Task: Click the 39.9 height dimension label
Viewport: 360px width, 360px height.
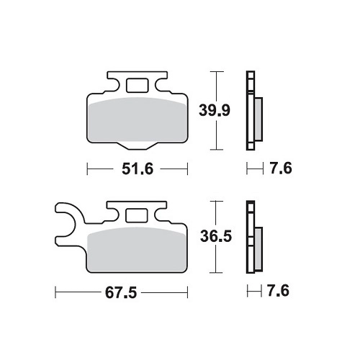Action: point(215,110)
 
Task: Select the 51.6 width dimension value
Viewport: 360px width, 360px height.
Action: point(138,168)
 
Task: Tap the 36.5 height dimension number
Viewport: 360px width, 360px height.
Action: point(216,236)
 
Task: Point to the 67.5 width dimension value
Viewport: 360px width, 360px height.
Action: point(121,292)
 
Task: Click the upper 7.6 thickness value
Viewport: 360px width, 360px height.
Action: point(281,168)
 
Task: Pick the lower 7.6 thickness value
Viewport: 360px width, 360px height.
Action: point(278,291)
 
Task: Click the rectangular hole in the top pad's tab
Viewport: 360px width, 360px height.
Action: point(138,85)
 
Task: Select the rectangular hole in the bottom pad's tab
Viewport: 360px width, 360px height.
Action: point(136,215)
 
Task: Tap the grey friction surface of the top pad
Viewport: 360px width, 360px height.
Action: point(138,120)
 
